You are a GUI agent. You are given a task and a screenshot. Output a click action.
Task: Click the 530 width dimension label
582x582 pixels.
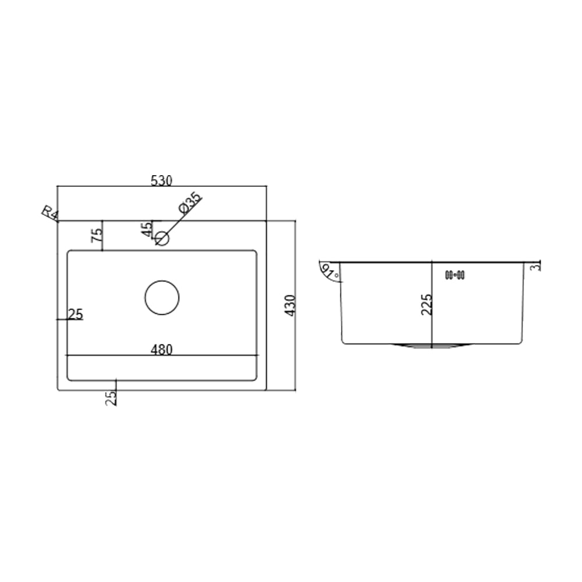[x=162, y=181]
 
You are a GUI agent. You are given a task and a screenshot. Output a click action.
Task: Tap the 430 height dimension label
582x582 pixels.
[x=290, y=306]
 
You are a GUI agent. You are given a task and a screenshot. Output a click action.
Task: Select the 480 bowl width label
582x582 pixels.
[x=162, y=350]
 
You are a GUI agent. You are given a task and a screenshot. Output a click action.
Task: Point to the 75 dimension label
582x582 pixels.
[x=97, y=235]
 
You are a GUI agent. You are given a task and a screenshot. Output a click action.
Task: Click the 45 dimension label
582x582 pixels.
[x=147, y=229]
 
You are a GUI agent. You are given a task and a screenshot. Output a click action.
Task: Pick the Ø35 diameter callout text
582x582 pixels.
[x=190, y=203]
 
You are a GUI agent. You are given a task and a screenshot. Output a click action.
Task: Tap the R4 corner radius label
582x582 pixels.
[x=50, y=214]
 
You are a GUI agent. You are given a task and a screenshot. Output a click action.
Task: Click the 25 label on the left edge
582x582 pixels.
[x=76, y=314]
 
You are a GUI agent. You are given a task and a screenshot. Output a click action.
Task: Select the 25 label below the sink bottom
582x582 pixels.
[x=111, y=398]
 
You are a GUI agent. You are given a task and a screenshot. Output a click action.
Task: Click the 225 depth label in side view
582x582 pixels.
[x=427, y=304]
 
